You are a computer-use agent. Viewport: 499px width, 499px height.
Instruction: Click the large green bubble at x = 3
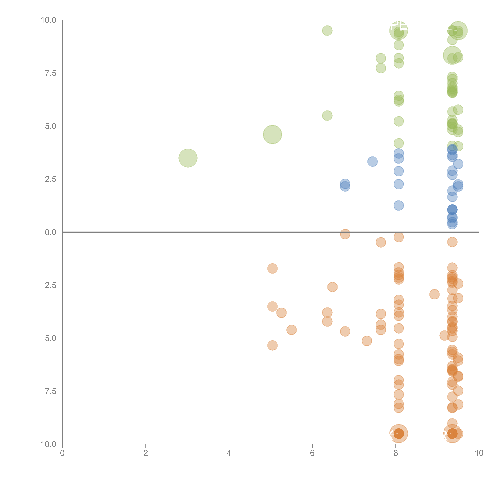(x=188, y=158)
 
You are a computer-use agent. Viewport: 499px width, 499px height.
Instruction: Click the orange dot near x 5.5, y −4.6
(x=291, y=330)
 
